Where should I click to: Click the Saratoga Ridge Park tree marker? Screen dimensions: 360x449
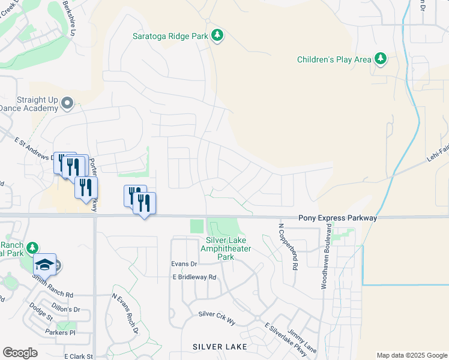point(217,36)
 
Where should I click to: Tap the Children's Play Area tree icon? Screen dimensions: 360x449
point(380,59)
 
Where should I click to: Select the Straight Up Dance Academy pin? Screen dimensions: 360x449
point(67,104)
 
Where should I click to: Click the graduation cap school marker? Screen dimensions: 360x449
point(45,264)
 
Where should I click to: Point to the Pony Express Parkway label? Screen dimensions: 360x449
point(338,218)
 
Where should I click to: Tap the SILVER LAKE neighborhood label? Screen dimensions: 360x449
point(216,347)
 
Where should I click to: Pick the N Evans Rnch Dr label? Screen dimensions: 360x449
point(125,314)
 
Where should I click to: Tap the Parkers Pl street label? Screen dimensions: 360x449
point(60,332)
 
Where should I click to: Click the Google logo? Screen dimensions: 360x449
point(20,353)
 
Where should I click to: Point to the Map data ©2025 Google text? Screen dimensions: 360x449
point(411,355)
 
